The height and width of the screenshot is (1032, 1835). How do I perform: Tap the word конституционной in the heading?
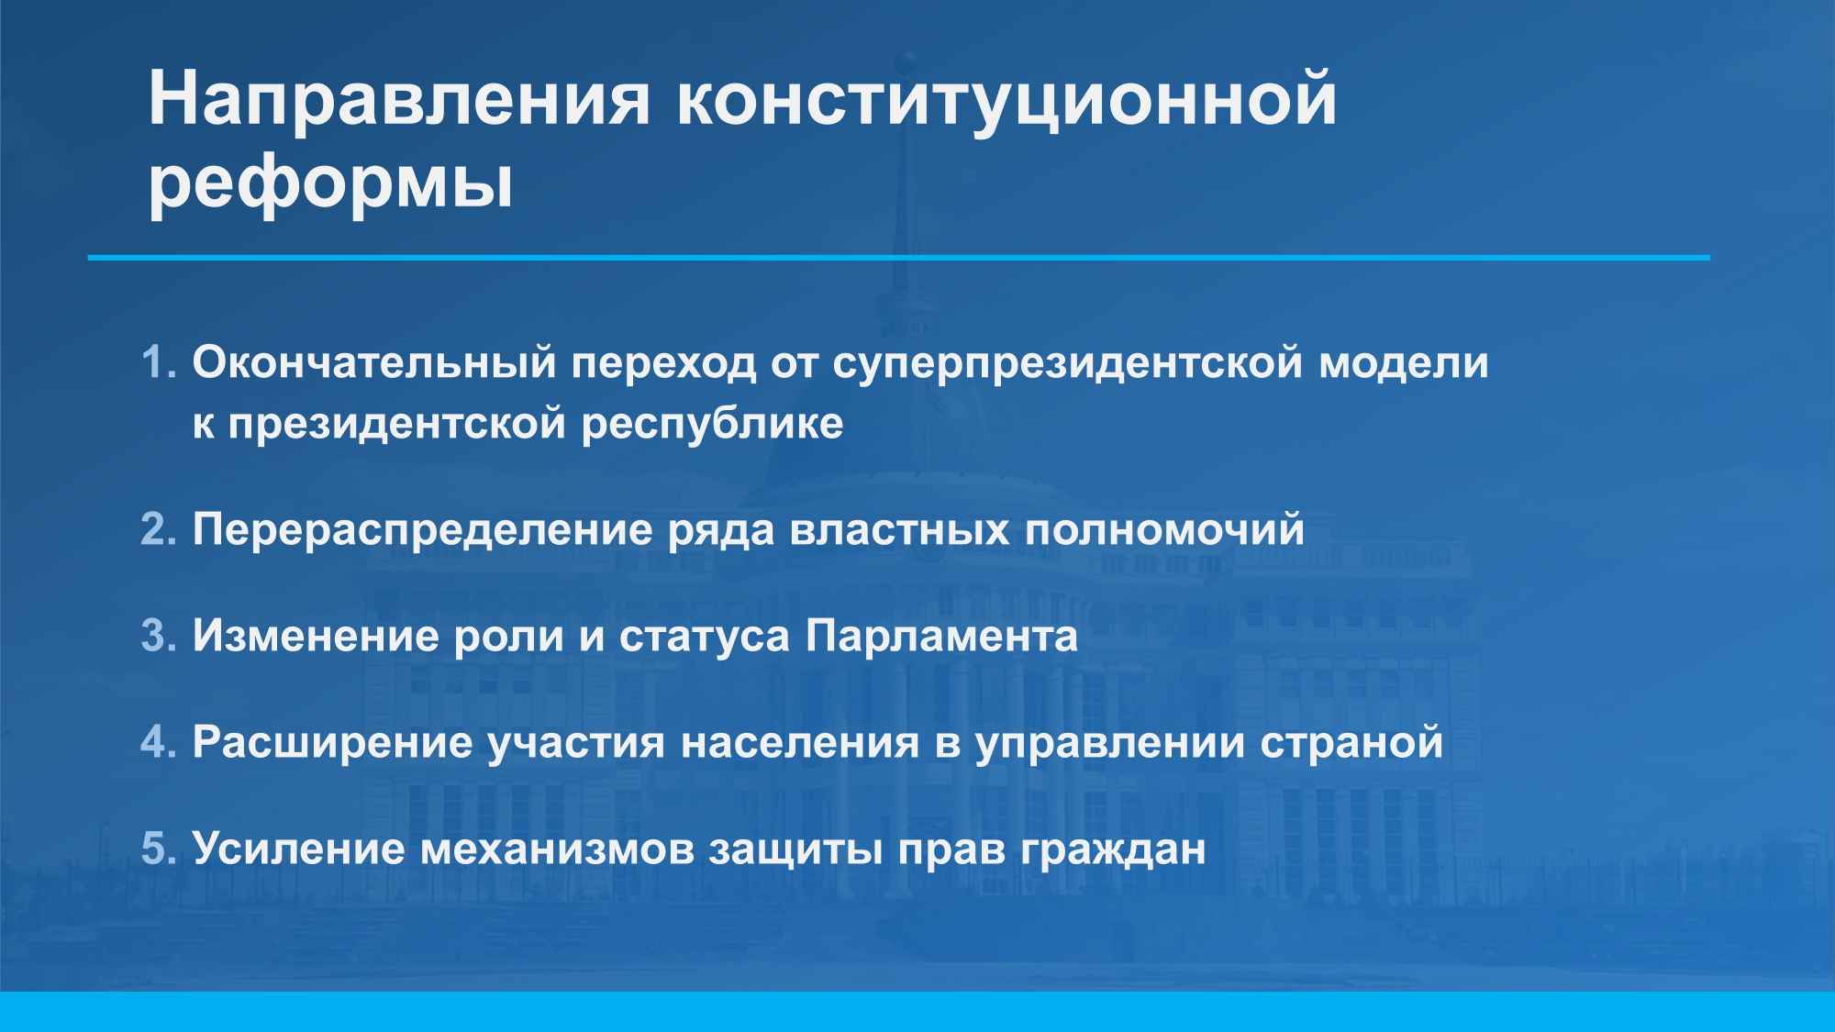click(x=1006, y=98)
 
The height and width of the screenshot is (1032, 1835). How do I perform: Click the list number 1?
click(x=158, y=362)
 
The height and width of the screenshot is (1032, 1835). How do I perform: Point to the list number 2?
click(x=158, y=530)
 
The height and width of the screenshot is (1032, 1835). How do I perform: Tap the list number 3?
click(x=158, y=637)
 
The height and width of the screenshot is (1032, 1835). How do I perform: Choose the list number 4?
click(x=158, y=742)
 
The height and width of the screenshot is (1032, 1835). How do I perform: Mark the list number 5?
click(x=158, y=849)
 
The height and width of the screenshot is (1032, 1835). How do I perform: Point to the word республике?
click(x=713, y=425)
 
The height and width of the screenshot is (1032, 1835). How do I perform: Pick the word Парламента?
click(x=942, y=637)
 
